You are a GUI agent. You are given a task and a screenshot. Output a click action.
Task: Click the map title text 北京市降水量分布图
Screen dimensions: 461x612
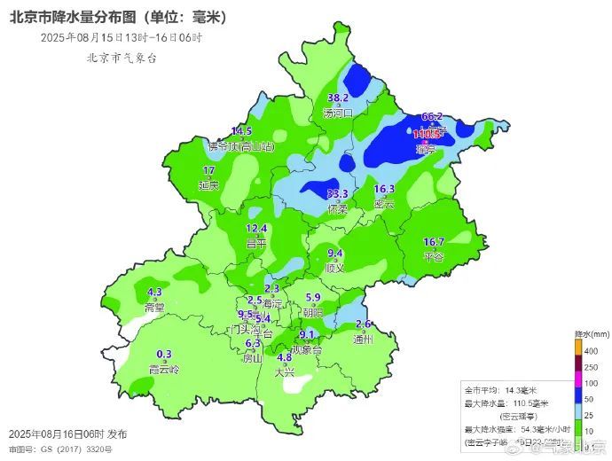coord(71,15)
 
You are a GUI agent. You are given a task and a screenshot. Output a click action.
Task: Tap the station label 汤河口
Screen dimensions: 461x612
coord(338,113)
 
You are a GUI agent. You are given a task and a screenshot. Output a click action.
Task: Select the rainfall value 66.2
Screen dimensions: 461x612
coord(432,116)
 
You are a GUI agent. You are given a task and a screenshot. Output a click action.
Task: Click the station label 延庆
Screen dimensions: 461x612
coord(209,185)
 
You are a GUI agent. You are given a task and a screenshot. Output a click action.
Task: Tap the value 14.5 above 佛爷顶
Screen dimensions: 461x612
coord(242,131)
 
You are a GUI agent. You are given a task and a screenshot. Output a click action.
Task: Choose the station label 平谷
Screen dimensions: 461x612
coord(434,256)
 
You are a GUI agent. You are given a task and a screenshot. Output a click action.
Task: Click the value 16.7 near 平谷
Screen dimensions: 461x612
coord(434,242)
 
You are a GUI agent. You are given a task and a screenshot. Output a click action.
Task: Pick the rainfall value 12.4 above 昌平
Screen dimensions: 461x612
coord(256,229)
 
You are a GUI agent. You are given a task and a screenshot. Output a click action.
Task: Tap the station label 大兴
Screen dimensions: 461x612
coord(285,371)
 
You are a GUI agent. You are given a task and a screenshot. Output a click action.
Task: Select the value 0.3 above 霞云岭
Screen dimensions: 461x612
coord(164,355)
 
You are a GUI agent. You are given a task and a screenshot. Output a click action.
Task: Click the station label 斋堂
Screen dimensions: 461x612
coord(154,307)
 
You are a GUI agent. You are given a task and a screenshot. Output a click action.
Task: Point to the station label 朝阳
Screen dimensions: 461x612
coord(313,312)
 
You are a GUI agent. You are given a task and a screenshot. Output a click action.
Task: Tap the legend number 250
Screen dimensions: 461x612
coord(592,367)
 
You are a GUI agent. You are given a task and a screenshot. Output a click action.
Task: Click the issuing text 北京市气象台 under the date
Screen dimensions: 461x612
coord(122,57)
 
